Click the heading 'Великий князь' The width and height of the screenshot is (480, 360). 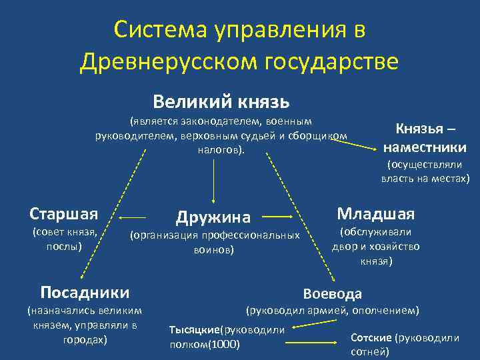(x=221, y=101)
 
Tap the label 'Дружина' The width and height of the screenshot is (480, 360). (x=213, y=217)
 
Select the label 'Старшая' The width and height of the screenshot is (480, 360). (x=64, y=213)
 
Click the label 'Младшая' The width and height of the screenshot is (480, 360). (x=375, y=213)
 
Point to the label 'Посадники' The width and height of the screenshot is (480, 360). (x=85, y=292)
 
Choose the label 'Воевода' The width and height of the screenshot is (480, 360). (x=333, y=293)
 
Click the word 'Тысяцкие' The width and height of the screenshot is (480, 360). (x=194, y=330)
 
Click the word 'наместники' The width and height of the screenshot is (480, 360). (x=425, y=147)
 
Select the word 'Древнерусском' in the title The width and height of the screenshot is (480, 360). (x=169, y=62)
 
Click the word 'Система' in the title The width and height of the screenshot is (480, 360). (x=156, y=29)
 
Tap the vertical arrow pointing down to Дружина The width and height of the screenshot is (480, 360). (x=213, y=180)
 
